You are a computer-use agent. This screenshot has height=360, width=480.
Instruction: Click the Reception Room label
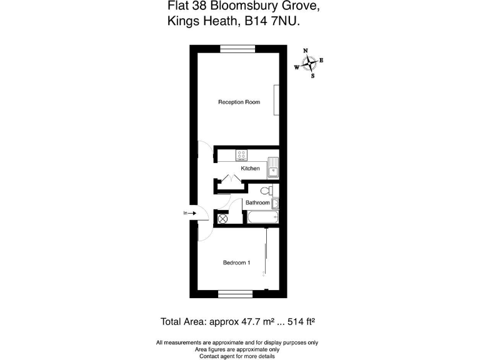point(239,102)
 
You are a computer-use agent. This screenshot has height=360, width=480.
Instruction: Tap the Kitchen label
point(251,169)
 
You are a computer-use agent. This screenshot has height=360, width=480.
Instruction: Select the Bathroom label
point(257,202)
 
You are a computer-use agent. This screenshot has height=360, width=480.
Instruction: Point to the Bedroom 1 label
point(236,262)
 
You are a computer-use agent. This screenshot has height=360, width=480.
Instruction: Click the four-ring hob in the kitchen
point(242,155)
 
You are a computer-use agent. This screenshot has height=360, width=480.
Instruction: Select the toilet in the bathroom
point(266,191)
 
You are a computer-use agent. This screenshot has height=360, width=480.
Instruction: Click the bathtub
point(261,218)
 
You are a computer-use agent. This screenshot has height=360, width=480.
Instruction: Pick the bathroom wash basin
point(276,203)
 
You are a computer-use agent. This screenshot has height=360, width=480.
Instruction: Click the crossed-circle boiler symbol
point(222,218)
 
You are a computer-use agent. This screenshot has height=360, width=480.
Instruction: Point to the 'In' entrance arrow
point(190,214)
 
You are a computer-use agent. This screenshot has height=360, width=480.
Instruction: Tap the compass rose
point(309,63)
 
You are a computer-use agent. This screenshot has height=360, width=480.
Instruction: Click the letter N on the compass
point(306,50)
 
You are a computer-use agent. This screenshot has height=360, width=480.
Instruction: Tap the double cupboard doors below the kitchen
point(230,181)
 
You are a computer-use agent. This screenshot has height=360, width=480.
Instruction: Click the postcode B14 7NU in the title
point(274,21)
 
